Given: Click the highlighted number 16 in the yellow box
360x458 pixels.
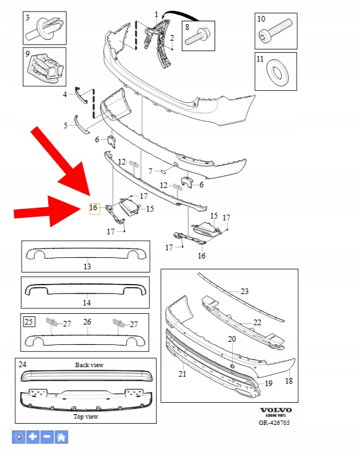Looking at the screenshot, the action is click(93, 208).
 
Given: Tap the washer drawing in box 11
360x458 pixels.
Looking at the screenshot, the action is click(277, 71).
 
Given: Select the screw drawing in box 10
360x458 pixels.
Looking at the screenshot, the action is click(275, 31).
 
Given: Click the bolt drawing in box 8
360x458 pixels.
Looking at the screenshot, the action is click(198, 36).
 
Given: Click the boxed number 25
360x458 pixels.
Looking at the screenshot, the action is click(29, 321).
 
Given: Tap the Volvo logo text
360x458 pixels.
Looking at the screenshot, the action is click(276, 410).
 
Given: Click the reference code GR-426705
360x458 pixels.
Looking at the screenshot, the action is click(274, 422).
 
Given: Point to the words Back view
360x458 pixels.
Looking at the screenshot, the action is click(90, 365).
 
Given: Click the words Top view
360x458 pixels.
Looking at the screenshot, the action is click(86, 417).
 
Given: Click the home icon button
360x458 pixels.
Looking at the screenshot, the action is click(62, 437).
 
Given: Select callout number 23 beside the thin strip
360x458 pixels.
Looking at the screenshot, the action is click(244, 291).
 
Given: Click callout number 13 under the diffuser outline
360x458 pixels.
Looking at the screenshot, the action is click(87, 266).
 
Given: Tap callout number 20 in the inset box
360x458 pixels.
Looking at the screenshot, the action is click(232, 339).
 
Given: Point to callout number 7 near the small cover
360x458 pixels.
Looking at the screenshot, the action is click(150, 171).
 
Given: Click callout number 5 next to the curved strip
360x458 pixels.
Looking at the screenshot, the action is click(65, 125).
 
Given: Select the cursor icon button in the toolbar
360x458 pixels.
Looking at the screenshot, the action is click(18, 437).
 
